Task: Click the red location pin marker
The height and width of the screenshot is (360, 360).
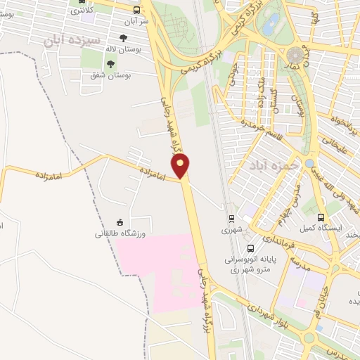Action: point(181,166)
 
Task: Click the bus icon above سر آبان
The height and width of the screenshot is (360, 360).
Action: point(136,10)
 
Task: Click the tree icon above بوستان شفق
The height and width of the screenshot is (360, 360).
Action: point(110,64)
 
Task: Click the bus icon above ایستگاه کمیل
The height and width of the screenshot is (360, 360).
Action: point(321,217)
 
